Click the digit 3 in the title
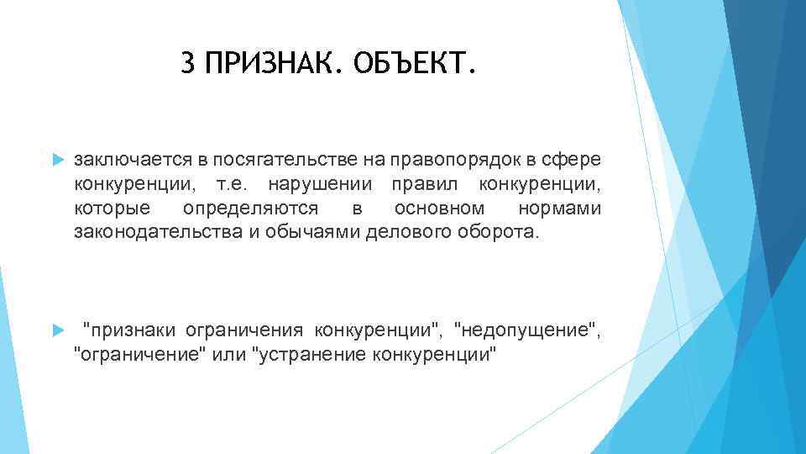coord(187,63)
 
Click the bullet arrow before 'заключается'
coord(57,160)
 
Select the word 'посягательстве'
coord(261,160)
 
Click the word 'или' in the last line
coord(229,354)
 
